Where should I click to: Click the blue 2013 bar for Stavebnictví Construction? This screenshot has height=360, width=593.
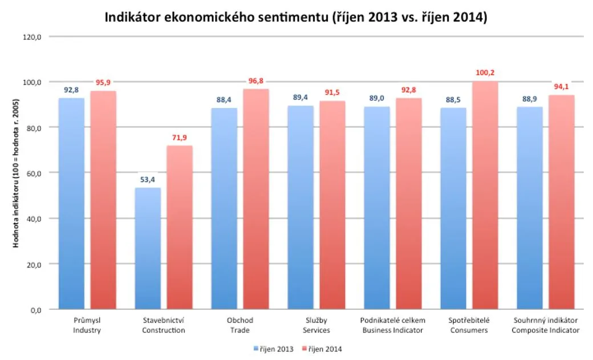148,248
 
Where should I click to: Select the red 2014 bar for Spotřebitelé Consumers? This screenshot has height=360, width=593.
485,195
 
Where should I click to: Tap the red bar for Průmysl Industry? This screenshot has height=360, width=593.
103,200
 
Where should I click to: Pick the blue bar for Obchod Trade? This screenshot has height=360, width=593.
224,209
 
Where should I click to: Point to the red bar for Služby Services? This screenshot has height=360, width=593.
332,205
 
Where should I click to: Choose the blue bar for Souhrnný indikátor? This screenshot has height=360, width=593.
530,208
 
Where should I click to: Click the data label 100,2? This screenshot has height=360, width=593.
485,72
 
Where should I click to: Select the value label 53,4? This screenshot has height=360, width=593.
148,180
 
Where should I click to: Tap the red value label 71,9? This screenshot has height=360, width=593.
179,137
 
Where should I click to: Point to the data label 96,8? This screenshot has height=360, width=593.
255,81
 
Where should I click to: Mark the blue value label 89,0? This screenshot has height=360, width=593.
377,99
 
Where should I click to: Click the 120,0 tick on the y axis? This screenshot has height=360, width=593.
32,37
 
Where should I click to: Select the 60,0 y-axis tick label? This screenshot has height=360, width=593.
34,173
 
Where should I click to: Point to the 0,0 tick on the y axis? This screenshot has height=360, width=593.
36,310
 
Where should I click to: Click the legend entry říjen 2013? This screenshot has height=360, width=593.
274,349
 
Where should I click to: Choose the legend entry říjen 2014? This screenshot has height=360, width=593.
322,349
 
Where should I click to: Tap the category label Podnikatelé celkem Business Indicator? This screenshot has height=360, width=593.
392,325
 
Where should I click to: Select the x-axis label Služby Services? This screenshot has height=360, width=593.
316,325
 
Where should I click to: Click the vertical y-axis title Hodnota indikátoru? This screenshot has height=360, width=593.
15,173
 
